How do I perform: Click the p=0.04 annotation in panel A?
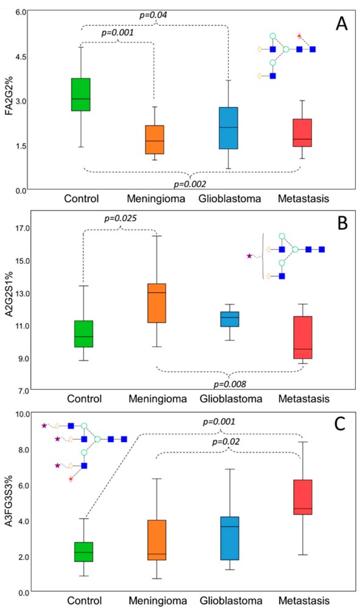pos(155,13)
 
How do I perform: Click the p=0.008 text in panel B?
pos(228,384)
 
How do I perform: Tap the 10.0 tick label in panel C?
pos(22,414)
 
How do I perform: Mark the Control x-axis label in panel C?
pos(82,600)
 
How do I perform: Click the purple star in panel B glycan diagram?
pos(249,256)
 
